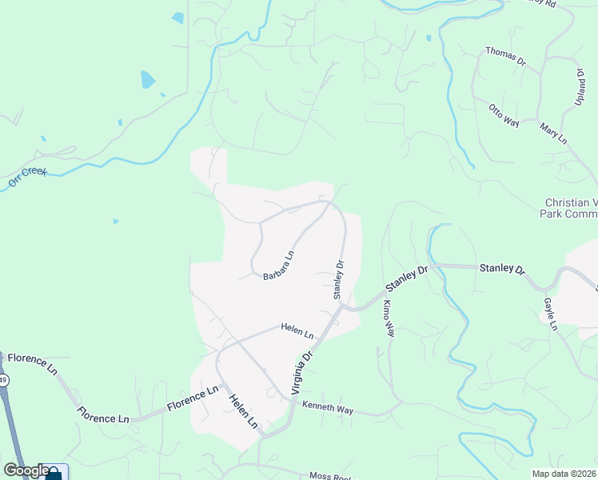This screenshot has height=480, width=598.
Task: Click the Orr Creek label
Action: click(x=28, y=178)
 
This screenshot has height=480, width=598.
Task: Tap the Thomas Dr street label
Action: click(x=505, y=56)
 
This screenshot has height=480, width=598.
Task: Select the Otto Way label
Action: click(x=504, y=115)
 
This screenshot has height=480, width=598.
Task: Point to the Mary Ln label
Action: click(x=553, y=134)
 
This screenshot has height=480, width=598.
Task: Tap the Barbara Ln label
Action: click(x=279, y=266)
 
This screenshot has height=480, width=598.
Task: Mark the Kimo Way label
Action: click(x=389, y=318)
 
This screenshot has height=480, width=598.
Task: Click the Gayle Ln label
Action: click(x=550, y=314)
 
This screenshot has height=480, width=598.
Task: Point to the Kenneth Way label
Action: click(x=327, y=409)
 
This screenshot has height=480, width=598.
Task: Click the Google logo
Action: click(x=26, y=470)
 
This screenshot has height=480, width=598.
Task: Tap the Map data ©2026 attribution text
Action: click(x=564, y=474)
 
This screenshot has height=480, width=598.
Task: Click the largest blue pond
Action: click(x=147, y=79)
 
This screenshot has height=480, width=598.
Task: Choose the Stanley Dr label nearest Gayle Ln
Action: click(x=501, y=268)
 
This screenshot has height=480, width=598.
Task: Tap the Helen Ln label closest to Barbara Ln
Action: click(x=297, y=330)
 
